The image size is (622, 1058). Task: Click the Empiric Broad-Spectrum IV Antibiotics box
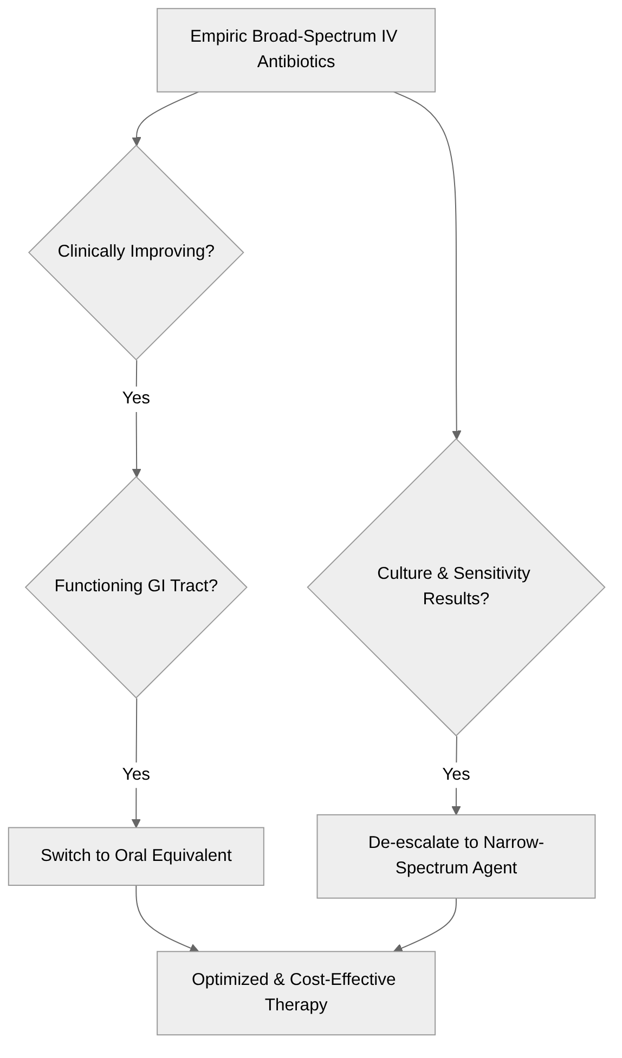coord(296,50)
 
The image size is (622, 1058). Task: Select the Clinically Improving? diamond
coord(136,252)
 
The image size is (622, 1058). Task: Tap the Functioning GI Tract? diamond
coord(136,587)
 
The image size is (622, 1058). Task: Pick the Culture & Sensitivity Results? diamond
coord(456,587)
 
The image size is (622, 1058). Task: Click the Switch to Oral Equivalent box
coord(136,856)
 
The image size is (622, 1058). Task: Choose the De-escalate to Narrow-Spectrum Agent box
coord(456,856)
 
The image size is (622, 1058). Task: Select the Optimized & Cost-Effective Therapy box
coord(296,992)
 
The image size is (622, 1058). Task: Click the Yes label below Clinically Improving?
coord(136,398)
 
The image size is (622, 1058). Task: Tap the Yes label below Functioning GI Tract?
coord(136,774)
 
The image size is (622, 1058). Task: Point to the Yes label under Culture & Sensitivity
coord(456,774)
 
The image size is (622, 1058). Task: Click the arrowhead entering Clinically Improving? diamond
coord(137,142)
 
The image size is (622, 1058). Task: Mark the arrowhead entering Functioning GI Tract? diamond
coord(137,473)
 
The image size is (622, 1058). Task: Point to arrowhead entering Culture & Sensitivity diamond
coord(456,435)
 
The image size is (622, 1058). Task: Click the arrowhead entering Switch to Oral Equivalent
coord(136,824)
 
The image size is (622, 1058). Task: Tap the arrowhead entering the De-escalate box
coord(456,811)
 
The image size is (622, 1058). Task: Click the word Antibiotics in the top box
coord(296,62)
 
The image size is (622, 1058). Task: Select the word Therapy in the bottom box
coord(296,1005)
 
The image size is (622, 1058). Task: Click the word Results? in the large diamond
coord(456,599)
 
